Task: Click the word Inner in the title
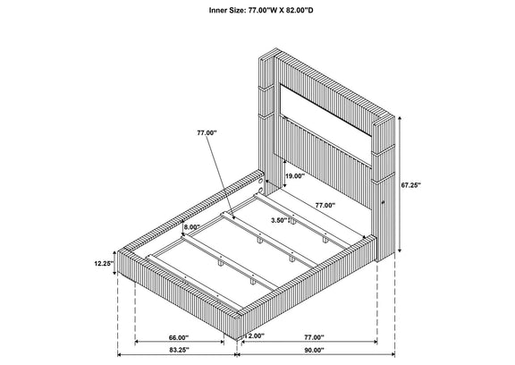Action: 217,10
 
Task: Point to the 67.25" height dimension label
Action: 411,185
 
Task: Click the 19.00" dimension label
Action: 295,176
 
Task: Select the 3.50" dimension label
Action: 280,220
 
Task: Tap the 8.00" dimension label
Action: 192,226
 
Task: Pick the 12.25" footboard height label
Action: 104,263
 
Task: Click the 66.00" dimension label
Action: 179,337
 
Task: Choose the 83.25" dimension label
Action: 180,350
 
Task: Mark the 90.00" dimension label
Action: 314,350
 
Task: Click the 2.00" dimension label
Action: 257,336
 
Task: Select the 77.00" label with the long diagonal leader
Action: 207,132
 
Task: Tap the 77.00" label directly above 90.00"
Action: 314,337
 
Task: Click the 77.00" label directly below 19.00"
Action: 325,206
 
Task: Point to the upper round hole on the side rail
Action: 260,181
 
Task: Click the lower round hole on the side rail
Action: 260,191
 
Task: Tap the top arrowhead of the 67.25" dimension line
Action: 400,118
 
